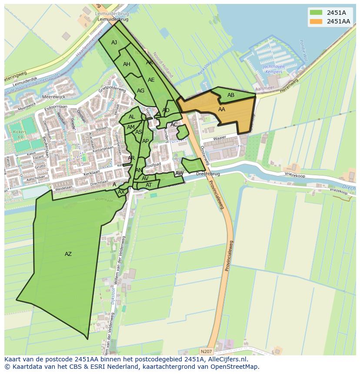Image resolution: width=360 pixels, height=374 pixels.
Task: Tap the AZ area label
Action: pos(68,254)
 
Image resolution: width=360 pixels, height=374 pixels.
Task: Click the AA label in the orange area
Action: pos(222,109)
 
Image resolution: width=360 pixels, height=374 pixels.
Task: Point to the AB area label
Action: pos(231,95)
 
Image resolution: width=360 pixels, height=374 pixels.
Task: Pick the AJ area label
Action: pos(114,43)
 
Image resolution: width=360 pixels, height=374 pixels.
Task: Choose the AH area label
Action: pos(127,64)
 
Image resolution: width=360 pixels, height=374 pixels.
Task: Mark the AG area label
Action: pos(140,91)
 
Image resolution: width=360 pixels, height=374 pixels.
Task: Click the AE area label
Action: pos(151,80)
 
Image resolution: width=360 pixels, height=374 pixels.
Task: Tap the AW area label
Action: pos(179,173)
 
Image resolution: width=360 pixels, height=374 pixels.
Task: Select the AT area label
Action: pos(149,185)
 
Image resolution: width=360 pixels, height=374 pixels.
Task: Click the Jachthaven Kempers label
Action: pos(274,69)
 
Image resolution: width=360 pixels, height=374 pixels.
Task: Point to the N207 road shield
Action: pos(207,351)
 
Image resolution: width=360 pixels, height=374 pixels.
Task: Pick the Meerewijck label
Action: pos(52,97)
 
